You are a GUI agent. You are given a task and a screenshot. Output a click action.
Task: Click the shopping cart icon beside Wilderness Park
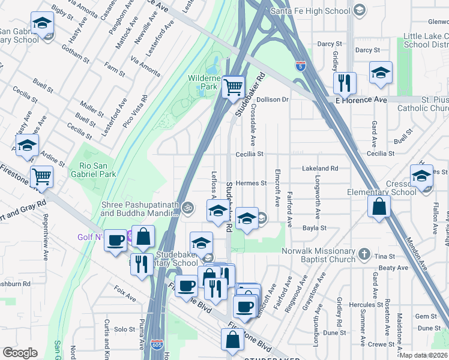[x=233, y=86]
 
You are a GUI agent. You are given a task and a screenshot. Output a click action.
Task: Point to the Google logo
[x=20, y=353]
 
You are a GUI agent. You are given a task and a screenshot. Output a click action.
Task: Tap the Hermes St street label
[x=251, y=183]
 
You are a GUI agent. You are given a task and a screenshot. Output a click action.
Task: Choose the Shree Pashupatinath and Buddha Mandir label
[x=139, y=209]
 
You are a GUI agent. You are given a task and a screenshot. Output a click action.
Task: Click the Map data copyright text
[x=424, y=355]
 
